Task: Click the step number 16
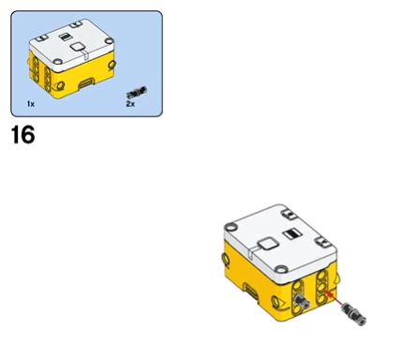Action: (x=22, y=135)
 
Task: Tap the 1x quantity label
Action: (x=31, y=104)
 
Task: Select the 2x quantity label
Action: (x=130, y=104)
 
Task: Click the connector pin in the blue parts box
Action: (x=137, y=93)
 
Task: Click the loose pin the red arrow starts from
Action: (x=354, y=314)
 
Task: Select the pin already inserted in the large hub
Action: (x=301, y=302)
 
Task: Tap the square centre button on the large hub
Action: (x=268, y=244)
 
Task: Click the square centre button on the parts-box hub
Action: (x=78, y=47)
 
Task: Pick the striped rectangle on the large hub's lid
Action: (x=292, y=233)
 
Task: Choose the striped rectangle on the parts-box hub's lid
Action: (x=65, y=37)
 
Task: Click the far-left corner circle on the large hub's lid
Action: (x=231, y=227)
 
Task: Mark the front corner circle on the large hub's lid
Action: (x=282, y=269)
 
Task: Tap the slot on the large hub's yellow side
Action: (x=250, y=291)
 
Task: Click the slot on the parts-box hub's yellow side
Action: (x=86, y=83)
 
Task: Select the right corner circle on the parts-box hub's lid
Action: (x=109, y=40)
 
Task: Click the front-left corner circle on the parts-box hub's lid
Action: (x=58, y=62)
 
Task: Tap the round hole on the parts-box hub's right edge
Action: (x=112, y=65)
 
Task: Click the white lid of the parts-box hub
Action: (x=71, y=45)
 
